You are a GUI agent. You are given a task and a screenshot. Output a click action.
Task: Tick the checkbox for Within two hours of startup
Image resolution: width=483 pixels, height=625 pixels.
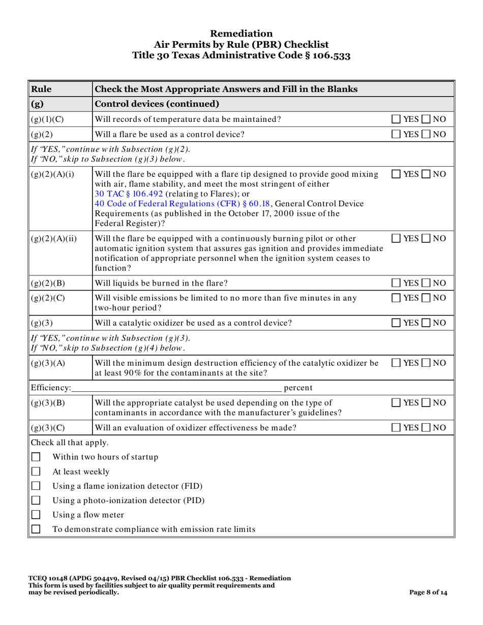pyautogui.click(x=36, y=457)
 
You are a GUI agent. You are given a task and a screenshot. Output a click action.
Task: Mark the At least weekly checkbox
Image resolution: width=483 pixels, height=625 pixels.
pyautogui.click(x=36, y=472)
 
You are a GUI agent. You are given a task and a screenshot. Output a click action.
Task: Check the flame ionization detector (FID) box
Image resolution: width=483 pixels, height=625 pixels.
pyautogui.click(x=36, y=486)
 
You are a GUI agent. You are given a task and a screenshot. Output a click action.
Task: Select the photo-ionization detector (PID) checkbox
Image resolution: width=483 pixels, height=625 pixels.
pyautogui.click(x=36, y=500)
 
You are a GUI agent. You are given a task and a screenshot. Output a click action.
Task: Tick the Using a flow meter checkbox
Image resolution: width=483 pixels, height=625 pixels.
pyautogui.click(x=36, y=515)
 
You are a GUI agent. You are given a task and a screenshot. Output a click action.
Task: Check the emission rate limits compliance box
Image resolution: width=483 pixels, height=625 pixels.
pyautogui.click(x=36, y=529)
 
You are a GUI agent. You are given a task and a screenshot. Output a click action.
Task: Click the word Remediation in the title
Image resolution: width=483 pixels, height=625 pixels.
pyautogui.click(x=241, y=34)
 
